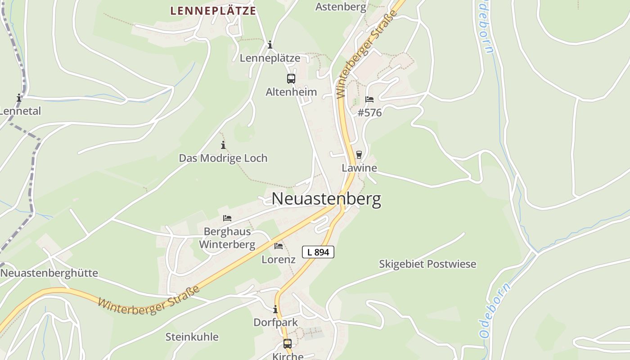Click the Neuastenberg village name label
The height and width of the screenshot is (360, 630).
point(326,199)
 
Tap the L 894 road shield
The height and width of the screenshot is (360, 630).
point(318,252)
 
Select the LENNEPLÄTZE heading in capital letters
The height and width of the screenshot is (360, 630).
point(213,11)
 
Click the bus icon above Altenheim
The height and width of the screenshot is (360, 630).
point(291,79)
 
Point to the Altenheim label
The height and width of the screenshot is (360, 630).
point(291,92)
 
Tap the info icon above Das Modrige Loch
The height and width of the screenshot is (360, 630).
point(223,145)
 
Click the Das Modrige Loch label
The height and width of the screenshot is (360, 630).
point(223,158)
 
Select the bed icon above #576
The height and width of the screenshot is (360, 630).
point(369,99)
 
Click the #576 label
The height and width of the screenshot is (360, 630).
point(369,112)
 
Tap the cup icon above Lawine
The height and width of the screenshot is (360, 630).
point(359,155)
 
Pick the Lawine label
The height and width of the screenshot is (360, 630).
point(359,168)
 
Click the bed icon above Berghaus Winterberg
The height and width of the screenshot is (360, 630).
point(227,218)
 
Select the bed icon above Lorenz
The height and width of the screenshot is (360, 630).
point(279,246)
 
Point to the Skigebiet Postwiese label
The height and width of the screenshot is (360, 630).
point(427,264)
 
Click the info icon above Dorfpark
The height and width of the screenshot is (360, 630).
point(275,310)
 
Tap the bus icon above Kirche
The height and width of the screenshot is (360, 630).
point(288,344)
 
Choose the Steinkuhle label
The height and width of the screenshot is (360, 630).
point(192,337)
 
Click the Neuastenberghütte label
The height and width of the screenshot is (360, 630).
point(49,273)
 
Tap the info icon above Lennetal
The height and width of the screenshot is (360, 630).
point(19,98)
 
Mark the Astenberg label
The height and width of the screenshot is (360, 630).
point(341,7)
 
